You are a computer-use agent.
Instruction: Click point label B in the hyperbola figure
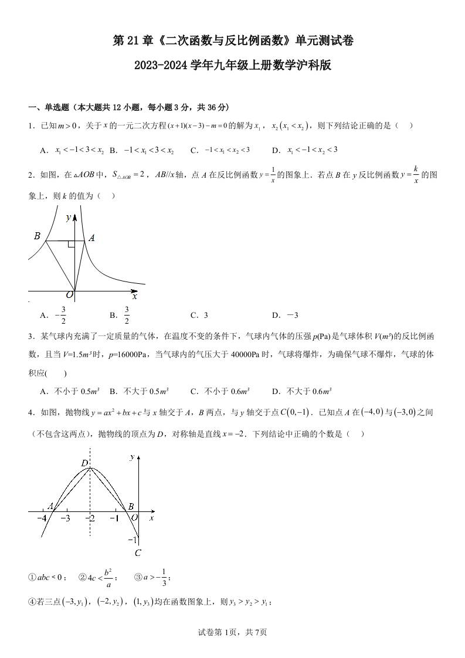click(37, 236)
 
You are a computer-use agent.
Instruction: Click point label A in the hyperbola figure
click(91, 238)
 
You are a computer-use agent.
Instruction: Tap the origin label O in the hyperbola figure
click(69, 294)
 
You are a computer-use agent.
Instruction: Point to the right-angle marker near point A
click(71, 243)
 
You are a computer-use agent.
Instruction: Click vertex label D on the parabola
click(84, 464)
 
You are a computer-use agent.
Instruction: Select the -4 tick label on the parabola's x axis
click(42, 518)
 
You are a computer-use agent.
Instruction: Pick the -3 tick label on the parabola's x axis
click(65, 518)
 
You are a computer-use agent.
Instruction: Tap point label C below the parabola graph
click(138, 552)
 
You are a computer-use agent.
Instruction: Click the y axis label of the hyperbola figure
click(69, 218)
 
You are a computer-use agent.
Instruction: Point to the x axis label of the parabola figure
click(151, 518)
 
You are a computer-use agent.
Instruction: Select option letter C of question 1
click(195, 150)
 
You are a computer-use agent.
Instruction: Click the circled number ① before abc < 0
click(32, 577)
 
